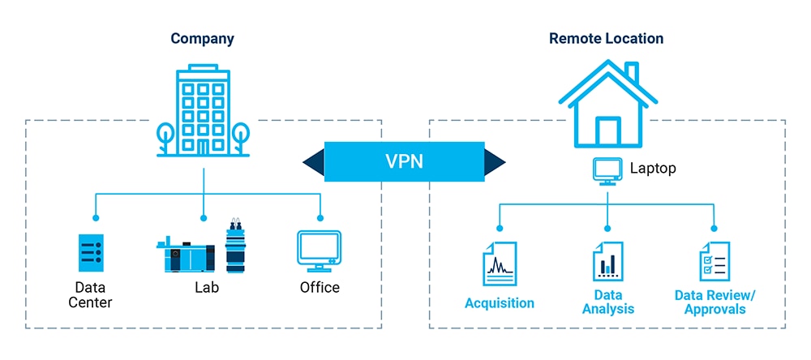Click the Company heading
(x=202, y=38)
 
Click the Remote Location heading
(x=606, y=38)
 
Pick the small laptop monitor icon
(x=607, y=169)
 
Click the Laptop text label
(x=653, y=169)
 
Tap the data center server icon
(x=91, y=252)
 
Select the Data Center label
(x=91, y=295)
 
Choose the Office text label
(x=320, y=288)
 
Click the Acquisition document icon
(x=500, y=264)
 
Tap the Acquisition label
(x=500, y=303)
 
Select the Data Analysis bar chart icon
(x=607, y=261)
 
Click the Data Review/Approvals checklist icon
(x=714, y=261)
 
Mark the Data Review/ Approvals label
(x=714, y=302)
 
